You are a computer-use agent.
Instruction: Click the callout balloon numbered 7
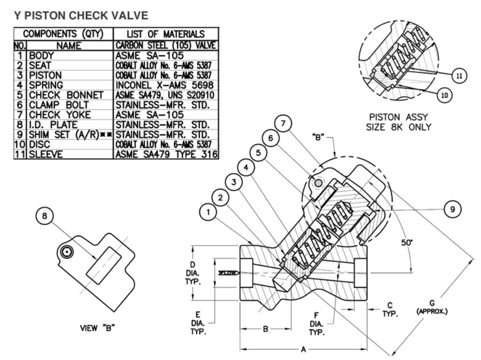283,123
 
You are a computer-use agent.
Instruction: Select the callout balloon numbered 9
452,209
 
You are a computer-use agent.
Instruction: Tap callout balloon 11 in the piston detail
459,76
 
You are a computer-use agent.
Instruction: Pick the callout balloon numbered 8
44,216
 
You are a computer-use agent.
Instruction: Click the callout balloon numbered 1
208,212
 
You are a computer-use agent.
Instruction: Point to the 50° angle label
407,242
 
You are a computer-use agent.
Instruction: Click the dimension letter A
303,349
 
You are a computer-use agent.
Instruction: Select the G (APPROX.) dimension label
432,307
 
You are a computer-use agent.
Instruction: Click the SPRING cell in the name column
46,85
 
